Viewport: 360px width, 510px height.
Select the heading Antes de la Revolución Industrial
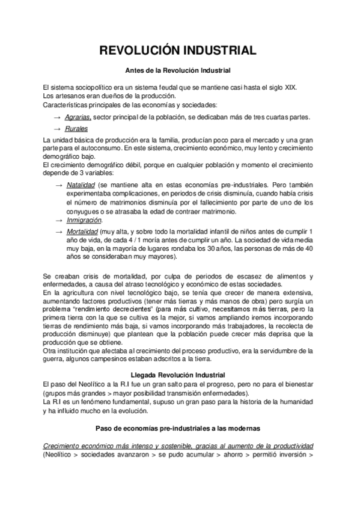tap(180, 71)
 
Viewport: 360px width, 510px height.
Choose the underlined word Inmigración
tap(83, 221)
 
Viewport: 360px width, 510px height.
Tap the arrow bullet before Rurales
tap(57, 129)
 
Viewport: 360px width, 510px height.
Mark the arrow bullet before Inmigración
tap(58, 221)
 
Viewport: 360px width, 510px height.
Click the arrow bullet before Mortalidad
tap(58, 231)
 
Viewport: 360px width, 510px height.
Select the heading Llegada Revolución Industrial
tap(180, 374)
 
